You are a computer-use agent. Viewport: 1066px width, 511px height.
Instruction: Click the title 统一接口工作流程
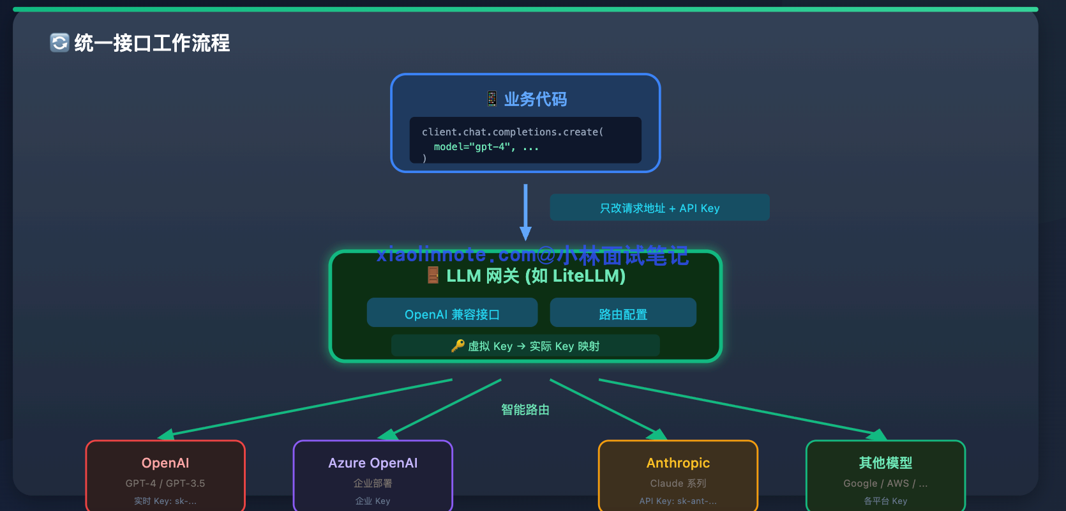click(152, 43)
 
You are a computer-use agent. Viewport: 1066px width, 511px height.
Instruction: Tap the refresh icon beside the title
click(59, 43)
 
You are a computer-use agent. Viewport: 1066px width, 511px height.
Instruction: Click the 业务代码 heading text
click(535, 99)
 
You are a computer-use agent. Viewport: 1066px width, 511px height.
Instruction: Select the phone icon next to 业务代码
click(492, 98)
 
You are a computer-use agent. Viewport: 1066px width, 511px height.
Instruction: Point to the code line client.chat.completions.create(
click(512, 132)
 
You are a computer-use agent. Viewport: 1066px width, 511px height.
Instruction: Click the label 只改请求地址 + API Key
click(659, 208)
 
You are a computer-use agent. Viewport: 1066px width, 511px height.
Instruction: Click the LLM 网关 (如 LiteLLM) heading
click(536, 276)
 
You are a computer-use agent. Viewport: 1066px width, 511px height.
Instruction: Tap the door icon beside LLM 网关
click(433, 275)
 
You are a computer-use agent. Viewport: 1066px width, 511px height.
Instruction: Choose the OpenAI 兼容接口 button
click(452, 314)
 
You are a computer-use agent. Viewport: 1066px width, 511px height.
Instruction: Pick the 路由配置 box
click(623, 314)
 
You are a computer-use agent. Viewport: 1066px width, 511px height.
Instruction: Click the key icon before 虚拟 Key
click(458, 346)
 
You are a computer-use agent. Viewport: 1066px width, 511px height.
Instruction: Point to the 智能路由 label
click(525, 409)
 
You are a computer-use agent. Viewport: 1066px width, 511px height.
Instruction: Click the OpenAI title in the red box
click(165, 463)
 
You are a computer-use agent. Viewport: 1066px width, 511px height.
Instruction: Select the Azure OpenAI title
click(373, 463)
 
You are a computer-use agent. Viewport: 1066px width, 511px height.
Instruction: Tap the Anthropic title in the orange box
click(678, 463)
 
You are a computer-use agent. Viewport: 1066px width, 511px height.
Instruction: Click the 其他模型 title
click(885, 463)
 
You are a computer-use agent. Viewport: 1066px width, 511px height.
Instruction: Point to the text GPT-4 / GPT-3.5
click(165, 484)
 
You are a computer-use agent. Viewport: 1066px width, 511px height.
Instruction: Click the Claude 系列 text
click(678, 484)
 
